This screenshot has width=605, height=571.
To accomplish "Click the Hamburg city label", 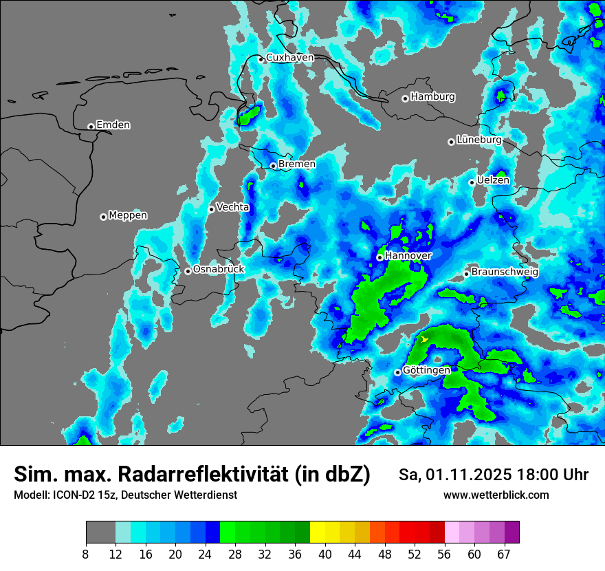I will point(432,97).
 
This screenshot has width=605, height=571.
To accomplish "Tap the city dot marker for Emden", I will point(91,127).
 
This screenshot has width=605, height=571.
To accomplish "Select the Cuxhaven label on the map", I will point(289,58).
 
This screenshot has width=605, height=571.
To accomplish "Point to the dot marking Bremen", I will point(273,166).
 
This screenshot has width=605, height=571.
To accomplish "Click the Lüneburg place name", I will point(478,140).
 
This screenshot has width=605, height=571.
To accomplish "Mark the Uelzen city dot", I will point(472,182).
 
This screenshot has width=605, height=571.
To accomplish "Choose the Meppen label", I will point(128,215).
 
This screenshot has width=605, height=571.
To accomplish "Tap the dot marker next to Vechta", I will point(212,209).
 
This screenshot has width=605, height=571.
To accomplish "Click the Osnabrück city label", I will point(219,270).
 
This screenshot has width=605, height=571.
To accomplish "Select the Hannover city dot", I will point(379,257).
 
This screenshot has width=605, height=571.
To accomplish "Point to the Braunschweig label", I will point(505,272).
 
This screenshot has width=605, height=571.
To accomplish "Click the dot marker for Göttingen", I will point(397,372).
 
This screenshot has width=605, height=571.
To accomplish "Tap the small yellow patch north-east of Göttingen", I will point(425,339).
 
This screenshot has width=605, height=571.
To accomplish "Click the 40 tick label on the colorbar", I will point(325,554).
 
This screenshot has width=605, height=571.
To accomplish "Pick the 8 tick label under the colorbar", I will point(86,554).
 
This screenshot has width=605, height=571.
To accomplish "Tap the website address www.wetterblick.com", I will point(496,495).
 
